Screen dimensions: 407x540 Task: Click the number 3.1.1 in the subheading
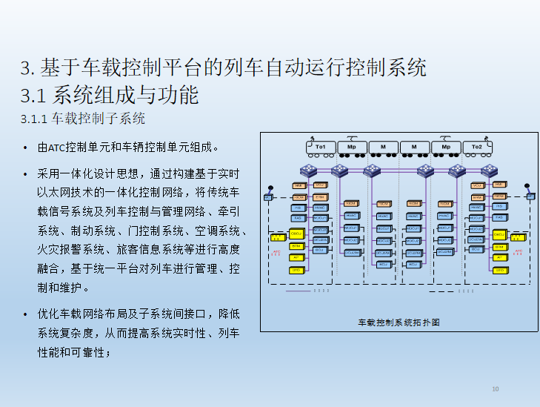(35, 119)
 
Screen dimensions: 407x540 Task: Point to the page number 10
(496, 389)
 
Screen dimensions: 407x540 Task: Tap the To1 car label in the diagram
(320, 148)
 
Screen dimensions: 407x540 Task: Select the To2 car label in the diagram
(477, 148)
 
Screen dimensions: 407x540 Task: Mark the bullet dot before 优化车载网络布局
(27, 314)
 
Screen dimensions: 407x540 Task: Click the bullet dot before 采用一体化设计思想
(27, 173)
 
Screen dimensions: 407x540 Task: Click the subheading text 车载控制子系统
(99, 119)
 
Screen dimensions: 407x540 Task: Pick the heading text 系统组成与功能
(126, 95)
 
